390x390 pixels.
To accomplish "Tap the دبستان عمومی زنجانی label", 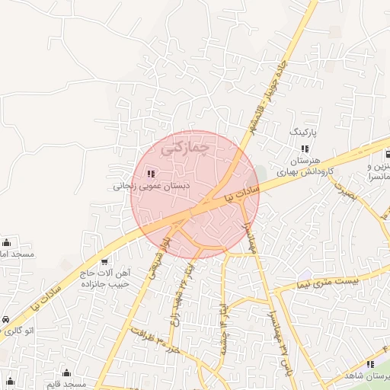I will point(152,185).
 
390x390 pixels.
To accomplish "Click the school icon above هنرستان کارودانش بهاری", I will point(304,149).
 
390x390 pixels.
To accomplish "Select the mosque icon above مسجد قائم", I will point(66,373).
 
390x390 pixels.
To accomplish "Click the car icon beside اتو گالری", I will point(6,319).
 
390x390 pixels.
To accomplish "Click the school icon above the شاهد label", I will point(371,364).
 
